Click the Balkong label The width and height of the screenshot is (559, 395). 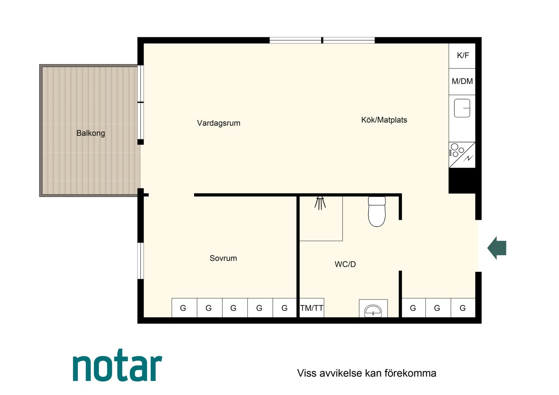pos(91,133)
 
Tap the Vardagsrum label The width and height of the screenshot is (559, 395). pos(219,123)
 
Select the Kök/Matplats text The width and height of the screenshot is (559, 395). pos(384,120)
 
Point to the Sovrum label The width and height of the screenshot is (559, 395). pos(223,258)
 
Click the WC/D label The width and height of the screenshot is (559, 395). pos(345,264)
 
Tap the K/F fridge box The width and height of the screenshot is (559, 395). pos(462,56)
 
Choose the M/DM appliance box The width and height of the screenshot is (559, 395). pos(462,82)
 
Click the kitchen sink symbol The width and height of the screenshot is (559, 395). pos(462,108)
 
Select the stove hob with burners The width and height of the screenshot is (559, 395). pos(462,155)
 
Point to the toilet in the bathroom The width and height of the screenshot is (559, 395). pos(377,211)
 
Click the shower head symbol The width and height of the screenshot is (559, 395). pos(320,203)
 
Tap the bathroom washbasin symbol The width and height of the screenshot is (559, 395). pos(373,310)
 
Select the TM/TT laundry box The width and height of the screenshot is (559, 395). pos(312,308)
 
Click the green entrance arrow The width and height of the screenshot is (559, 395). pos(496,248)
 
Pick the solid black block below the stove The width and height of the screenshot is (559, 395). pos(462,181)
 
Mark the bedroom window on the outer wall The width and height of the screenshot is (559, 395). pos(140,261)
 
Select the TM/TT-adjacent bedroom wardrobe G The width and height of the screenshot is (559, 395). pos(285,308)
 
